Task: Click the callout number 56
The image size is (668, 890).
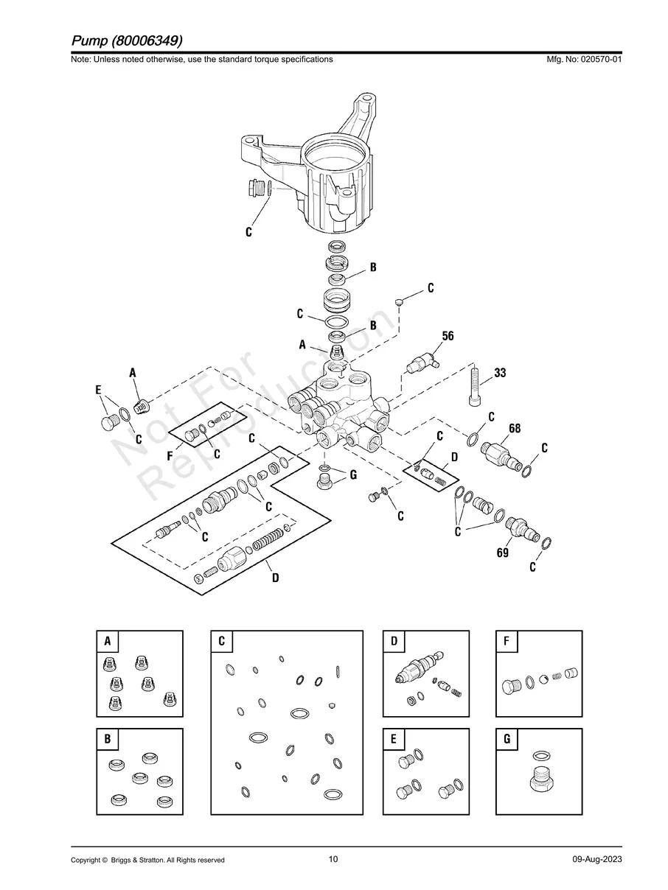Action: coord(448,336)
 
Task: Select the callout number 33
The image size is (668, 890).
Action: coord(500,373)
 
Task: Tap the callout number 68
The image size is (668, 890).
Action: coord(515,428)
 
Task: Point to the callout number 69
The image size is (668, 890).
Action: coord(502,552)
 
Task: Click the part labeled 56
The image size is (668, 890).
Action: coord(422,362)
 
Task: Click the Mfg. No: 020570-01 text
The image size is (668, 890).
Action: coord(582,59)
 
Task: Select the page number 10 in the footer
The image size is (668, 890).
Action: coord(333,859)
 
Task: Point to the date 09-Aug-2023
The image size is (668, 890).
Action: coord(596,860)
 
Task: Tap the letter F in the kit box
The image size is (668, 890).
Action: coord(507,642)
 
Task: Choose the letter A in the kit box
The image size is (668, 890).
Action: coord(108,642)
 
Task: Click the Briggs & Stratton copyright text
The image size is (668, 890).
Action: coord(147,860)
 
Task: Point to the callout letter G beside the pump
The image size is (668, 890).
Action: coord(353,475)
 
